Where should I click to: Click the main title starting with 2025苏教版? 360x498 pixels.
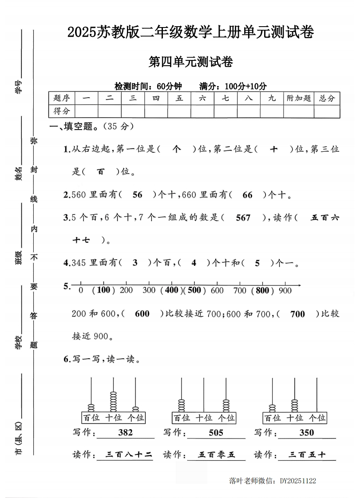click(x=191, y=32)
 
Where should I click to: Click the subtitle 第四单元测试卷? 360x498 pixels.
click(x=191, y=63)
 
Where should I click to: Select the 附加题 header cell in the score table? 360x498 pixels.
click(x=299, y=99)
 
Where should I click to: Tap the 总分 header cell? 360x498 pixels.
click(x=327, y=99)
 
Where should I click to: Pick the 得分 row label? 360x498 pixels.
click(x=62, y=111)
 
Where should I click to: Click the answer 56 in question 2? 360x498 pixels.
click(x=138, y=195)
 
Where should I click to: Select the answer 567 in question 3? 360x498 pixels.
click(x=243, y=218)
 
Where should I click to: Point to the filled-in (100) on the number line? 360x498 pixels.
click(x=103, y=290)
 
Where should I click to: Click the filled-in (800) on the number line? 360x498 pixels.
click(x=263, y=290)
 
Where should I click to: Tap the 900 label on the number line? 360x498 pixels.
click(x=285, y=290)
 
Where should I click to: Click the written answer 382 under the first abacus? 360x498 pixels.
click(x=126, y=432)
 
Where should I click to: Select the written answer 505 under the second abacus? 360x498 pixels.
click(x=216, y=432)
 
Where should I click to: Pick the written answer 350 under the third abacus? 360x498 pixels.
click(x=306, y=432)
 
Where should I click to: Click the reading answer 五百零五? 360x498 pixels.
click(x=216, y=455)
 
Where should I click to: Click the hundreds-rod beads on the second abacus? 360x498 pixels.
click(x=181, y=405)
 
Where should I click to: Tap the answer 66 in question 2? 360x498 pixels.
click(x=248, y=195)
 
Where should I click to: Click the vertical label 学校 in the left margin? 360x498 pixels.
click(x=19, y=341)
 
